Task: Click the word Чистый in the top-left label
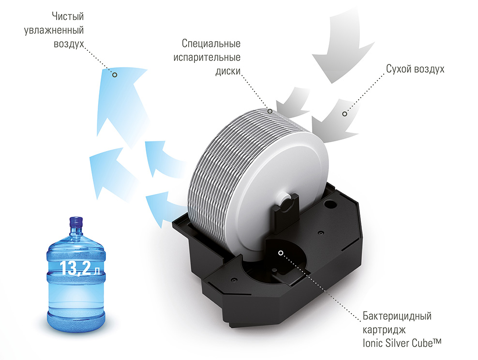pyautogui.click(x=68, y=16)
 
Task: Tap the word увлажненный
pyautogui.click(x=54, y=30)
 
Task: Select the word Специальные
pyautogui.click(x=211, y=43)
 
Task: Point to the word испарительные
pyautogui.click(x=207, y=57)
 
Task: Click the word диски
pyautogui.click(x=228, y=71)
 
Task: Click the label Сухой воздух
pyautogui.click(x=415, y=69)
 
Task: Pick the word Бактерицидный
pyautogui.click(x=397, y=316)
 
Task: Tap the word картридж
pyautogui.click(x=384, y=330)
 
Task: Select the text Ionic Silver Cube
pyautogui.click(x=398, y=343)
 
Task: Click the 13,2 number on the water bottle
pyautogui.click(x=75, y=268)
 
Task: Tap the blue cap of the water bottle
pyautogui.click(x=76, y=222)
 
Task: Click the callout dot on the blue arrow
pyautogui.click(x=115, y=75)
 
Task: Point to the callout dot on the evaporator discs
pyautogui.click(x=270, y=111)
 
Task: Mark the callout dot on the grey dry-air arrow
pyautogui.click(x=344, y=114)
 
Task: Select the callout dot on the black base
pyautogui.click(x=281, y=253)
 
